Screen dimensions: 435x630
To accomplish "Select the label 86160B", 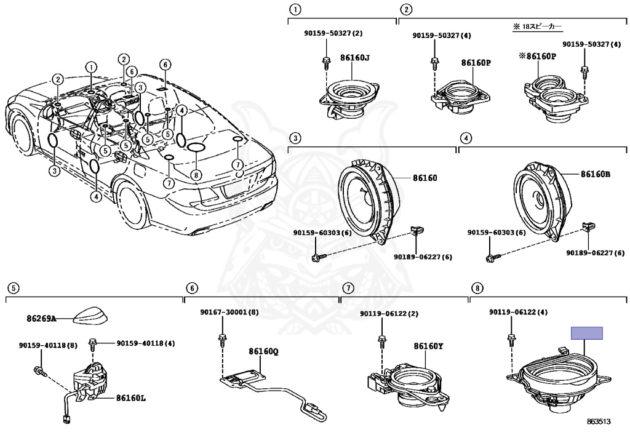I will click(596, 174).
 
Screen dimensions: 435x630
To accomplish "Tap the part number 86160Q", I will click(263, 352).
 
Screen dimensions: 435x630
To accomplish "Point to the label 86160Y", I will click(428, 346).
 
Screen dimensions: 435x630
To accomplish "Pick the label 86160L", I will click(131, 397).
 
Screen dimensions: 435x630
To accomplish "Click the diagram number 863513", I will click(599, 421).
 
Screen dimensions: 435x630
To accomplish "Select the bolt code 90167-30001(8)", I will click(221, 313).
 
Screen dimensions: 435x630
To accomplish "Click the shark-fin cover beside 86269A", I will click(90, 317).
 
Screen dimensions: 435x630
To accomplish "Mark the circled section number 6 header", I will click(192, 287).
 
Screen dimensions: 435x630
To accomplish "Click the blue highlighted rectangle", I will click(586, 333).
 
